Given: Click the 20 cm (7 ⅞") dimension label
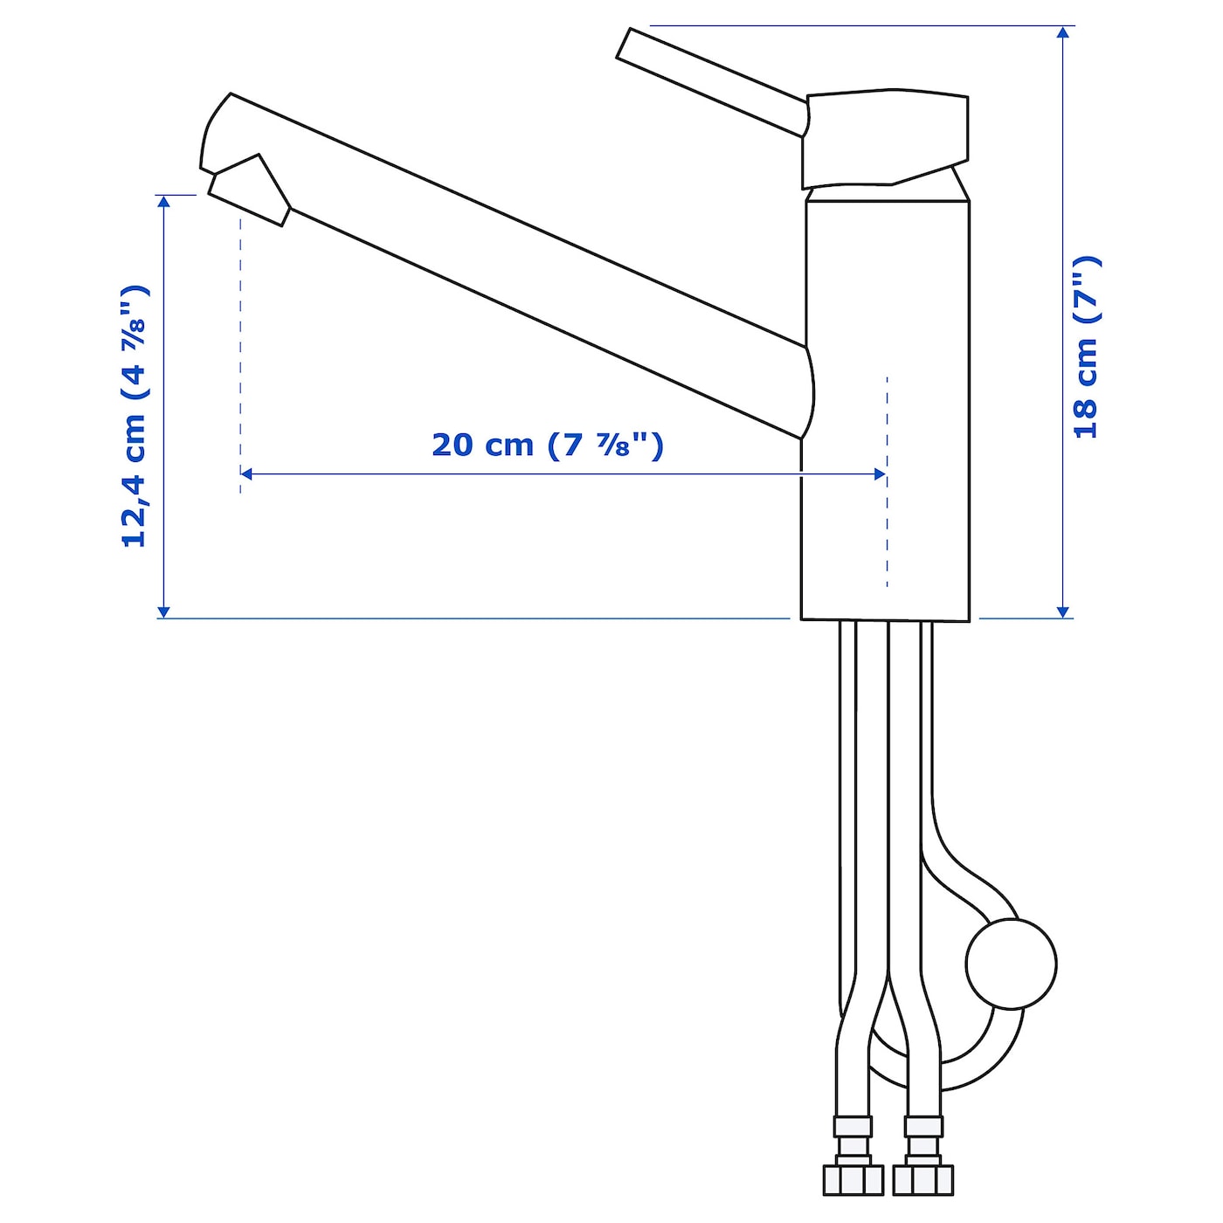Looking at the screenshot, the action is click(547, 446).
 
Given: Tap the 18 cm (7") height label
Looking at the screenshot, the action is click(1086, 347).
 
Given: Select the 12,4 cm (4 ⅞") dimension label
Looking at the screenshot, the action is click(135, 417).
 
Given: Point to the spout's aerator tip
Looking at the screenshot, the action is click(250, 190).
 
